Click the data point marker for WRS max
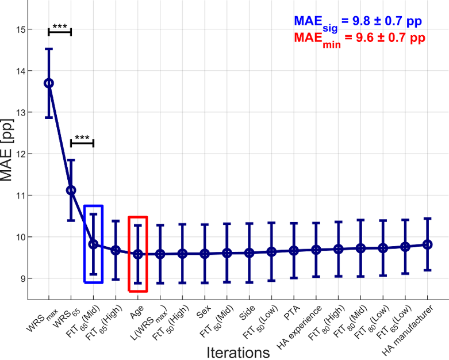pyautogui.click(x=49, y=83)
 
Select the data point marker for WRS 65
pyautogui.click(x=71, y=190)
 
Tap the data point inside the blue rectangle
pyautogui.click(x=93, y=244)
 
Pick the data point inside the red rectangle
pyautogui.click(x=138, y=254)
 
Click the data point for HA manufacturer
pyautogui.click(x=427, y=244)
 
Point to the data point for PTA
pyautogui.click(x=294, y=250)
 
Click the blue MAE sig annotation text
pyautogui.click(x=358, y=22)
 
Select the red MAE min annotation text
pyautogui.click(x=359, y=39)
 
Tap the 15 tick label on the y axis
pyautogui.click(x=20, y=29)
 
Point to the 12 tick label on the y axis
pyautogui.click(x=20, y=154)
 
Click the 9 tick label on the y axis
pyautogui.click(x=22, y=278)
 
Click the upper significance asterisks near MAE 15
pyautogui.click(x=60, y=26)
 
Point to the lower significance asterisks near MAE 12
pyautogui.click(x=82, y=138)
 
